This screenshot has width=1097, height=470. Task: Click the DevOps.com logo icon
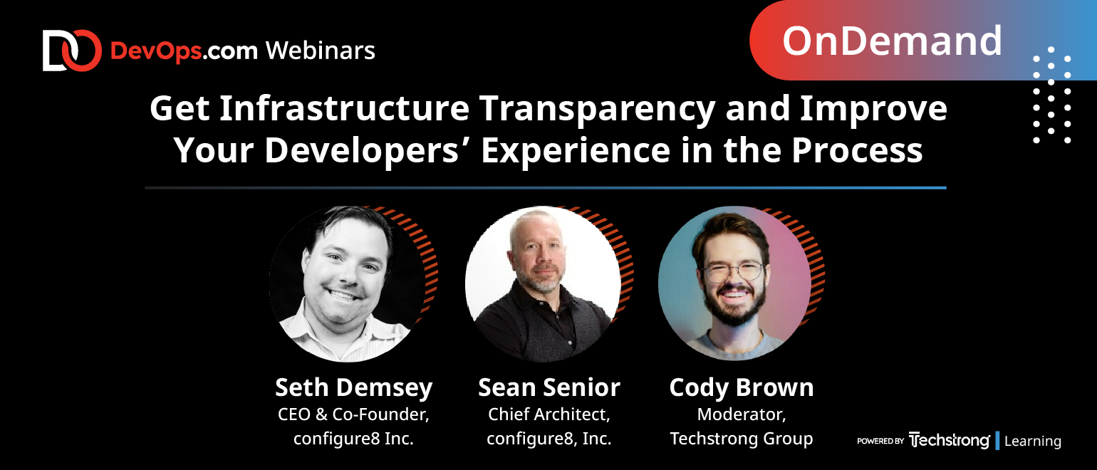(72, 51)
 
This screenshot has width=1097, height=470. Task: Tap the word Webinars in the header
(321, 51)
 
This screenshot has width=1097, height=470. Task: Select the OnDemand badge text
(893, 41)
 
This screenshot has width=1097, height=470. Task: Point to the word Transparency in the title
(598, 110)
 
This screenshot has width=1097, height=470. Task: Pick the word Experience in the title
(576, 151)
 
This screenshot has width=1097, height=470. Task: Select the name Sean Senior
(549, 387)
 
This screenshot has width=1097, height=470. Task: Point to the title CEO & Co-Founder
(353, 414)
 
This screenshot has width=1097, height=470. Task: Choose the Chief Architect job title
(549, 414)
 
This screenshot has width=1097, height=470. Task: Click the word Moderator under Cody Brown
(742, 414)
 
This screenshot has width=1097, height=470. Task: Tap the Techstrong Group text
(742, 439)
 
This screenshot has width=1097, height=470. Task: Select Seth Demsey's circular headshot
(347, 284)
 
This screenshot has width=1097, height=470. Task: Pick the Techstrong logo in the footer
(949, 440)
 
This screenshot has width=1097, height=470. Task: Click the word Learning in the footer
(1033, 441)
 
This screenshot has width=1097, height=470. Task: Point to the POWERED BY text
(880, 441)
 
